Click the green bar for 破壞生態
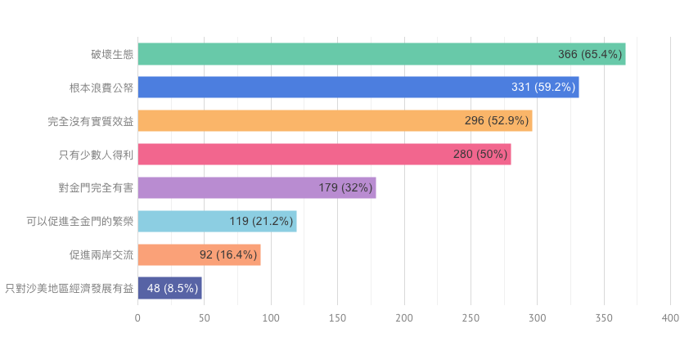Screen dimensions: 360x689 tap(344, 54)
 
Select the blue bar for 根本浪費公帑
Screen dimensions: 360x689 tap(327, 88)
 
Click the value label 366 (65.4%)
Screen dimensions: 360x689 tap(590, 54)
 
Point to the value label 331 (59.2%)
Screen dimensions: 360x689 tap(543, 88)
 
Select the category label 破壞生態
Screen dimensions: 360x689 tap(112, 54)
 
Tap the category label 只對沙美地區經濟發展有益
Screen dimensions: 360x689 tap(69, 288)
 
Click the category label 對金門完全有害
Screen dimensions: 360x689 tap(96, 188)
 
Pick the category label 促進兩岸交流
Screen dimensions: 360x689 tap(101, 255)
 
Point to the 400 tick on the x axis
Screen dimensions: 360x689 tap(670, 317)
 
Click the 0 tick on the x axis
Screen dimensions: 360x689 tap(137, 317)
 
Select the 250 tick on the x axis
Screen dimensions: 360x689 tap(471, 317)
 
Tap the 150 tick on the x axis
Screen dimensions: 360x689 tap(337, 317)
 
